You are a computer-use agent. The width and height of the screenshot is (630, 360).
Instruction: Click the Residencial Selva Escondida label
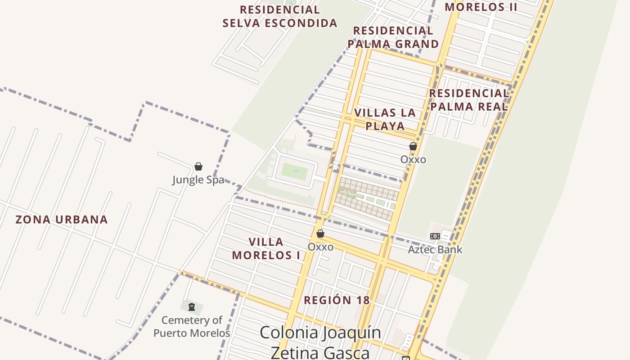point(279,16)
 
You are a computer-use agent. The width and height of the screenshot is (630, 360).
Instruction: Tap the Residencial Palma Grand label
point(393,37)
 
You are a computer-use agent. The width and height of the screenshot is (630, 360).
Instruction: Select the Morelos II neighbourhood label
point(481,7)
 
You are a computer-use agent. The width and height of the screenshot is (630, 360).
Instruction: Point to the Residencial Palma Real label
point(468,100)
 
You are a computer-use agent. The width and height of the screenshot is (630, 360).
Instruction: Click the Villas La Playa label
point(385,119)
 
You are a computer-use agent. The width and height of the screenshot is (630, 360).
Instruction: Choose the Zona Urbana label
point(62,220)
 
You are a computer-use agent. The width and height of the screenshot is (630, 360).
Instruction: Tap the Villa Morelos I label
point(266,248)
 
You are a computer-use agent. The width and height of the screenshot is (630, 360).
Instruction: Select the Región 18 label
point(337,300)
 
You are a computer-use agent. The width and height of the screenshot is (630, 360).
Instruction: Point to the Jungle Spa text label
point(198,180)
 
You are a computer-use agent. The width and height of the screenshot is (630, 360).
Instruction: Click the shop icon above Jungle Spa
point(198,166)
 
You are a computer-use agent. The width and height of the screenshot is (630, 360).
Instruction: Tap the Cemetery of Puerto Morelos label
point(192,327)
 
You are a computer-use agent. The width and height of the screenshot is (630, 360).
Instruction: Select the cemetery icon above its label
point(192,307)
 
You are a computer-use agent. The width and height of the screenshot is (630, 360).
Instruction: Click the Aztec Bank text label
point(435,249)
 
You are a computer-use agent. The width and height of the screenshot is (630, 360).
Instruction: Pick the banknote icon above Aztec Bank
point(435,236)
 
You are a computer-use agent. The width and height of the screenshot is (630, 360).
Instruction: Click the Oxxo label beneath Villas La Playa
point(413,159)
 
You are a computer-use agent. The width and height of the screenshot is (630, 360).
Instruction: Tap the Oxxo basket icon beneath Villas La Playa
point(413,146)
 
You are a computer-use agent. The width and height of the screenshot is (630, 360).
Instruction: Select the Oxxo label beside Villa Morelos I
point(320,247)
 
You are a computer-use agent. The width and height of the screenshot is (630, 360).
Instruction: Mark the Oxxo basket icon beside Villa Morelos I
point(320,234)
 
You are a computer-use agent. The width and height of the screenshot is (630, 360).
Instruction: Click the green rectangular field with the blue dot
point(295,171)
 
